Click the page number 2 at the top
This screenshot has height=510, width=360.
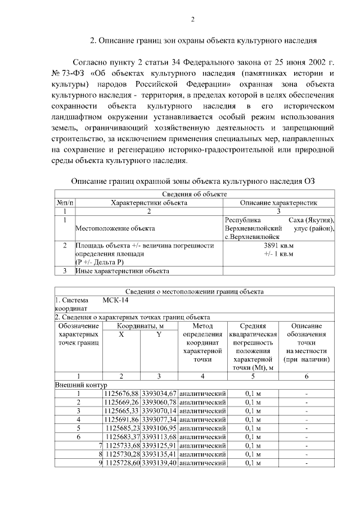tap(192, 20)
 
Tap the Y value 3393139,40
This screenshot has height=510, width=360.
tap(160, 463)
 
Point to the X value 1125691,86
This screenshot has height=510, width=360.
tap(121, 419)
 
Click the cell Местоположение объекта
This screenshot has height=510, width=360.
tap(115, 229)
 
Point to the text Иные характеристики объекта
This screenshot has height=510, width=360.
tap(123, 270)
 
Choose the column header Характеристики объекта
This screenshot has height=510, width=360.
tap(148, 202)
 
